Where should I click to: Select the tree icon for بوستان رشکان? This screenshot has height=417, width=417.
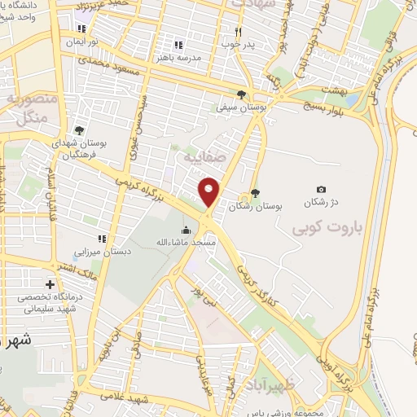[x=255, y=193]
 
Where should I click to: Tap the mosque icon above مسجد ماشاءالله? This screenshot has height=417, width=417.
[x=187, y=207]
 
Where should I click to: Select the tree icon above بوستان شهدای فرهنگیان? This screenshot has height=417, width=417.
[x=79, y=129]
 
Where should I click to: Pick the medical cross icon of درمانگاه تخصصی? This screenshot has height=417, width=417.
[x=51, y=285]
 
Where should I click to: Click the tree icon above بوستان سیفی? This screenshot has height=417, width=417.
[x=242, y=94]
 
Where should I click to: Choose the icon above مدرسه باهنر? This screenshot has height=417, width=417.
[x=177, y=46]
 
